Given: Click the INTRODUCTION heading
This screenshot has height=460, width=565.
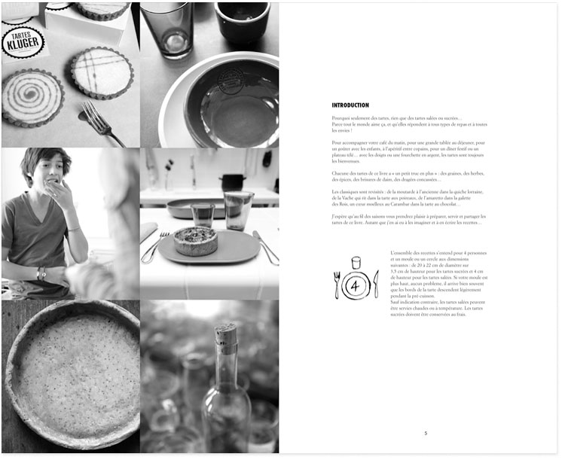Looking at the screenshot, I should (350, 105).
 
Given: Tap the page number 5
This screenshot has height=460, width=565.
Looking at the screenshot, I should (426, 433).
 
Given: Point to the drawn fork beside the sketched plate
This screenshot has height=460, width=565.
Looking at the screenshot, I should (337, 284).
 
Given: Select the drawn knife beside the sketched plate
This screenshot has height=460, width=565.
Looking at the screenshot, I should (376, 284).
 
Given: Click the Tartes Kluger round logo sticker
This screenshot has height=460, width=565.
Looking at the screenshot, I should (22, 43).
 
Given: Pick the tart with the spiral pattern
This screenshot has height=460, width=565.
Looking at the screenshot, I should (32, 97).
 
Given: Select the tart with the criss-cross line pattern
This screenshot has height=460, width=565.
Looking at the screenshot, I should (102, 73).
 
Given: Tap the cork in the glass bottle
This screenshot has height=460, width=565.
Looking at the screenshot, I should (226, 334).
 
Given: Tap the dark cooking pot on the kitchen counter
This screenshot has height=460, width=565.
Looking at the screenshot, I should (233, 181).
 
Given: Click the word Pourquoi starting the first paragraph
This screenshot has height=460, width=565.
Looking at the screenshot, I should (340, 118).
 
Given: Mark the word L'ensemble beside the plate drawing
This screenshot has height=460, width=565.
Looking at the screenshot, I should (402, 254).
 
